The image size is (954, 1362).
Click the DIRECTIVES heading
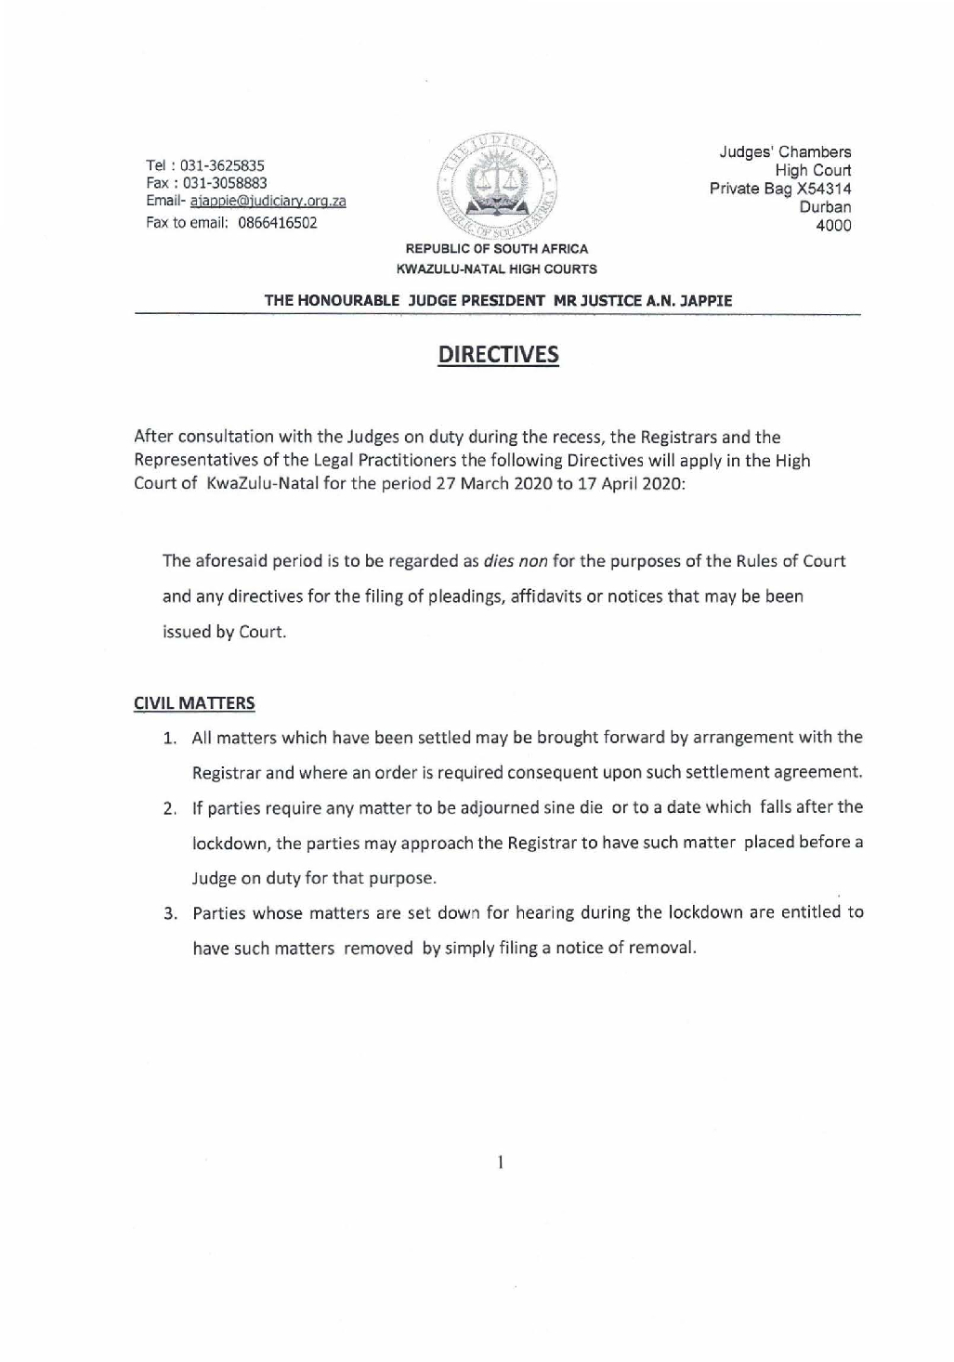(498, 355)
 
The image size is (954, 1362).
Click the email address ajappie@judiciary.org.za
(268, 202)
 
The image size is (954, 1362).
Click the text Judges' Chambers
(785, 151)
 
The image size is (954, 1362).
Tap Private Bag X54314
(780, 189)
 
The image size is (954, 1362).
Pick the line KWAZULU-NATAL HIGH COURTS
(497, 269)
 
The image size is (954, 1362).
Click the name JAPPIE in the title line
(706, 301)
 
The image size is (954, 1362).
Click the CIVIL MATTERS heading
(194, 703)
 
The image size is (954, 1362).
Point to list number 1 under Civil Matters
(171, 739)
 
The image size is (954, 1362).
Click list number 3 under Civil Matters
(171, 913)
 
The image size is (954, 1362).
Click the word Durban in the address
(825, 207)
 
